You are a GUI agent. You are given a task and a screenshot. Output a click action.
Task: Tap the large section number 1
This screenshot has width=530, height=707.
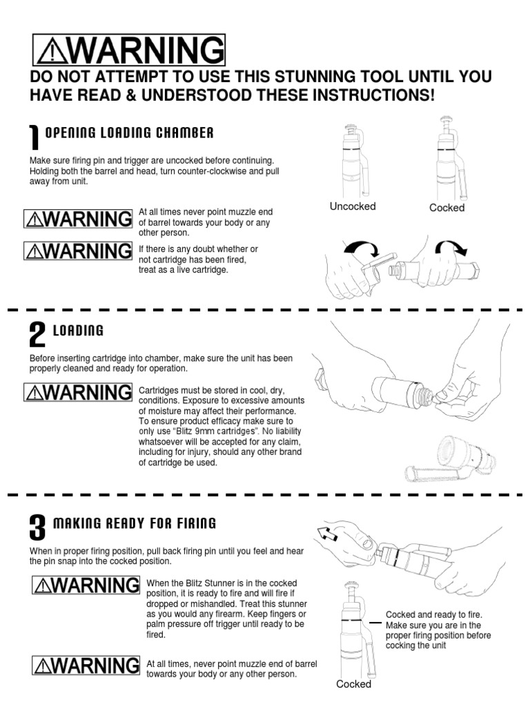click(x=35, y=137)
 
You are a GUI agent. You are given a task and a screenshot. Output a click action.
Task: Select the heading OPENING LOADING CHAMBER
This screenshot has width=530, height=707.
click(x=129, y=133)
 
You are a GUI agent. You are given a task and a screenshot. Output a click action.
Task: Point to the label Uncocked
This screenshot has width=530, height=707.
click(x=353, y=206)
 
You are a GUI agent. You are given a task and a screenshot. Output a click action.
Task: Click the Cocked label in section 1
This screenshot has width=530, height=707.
click(x=446, y=208)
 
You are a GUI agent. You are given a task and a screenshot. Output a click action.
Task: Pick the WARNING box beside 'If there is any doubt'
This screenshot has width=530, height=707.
click(x=78, y=251)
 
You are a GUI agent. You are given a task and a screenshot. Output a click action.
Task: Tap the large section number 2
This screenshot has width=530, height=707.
click(x=37, y=335)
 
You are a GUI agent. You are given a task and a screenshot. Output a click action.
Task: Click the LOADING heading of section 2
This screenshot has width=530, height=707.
click(x=83, y=331)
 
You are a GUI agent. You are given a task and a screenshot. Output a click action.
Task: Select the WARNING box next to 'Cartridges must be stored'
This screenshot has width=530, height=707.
click(x=78, y=393)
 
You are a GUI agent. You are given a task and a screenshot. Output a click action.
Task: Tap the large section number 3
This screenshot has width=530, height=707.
click(x=37, y=528)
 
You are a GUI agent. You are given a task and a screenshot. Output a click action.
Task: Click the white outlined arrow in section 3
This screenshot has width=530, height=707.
click(x=325, y=532)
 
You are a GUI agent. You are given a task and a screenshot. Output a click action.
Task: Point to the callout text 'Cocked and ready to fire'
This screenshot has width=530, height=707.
click(x=434, y=614)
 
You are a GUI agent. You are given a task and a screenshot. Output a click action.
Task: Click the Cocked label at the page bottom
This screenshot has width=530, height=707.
click(x=353, y=684)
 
